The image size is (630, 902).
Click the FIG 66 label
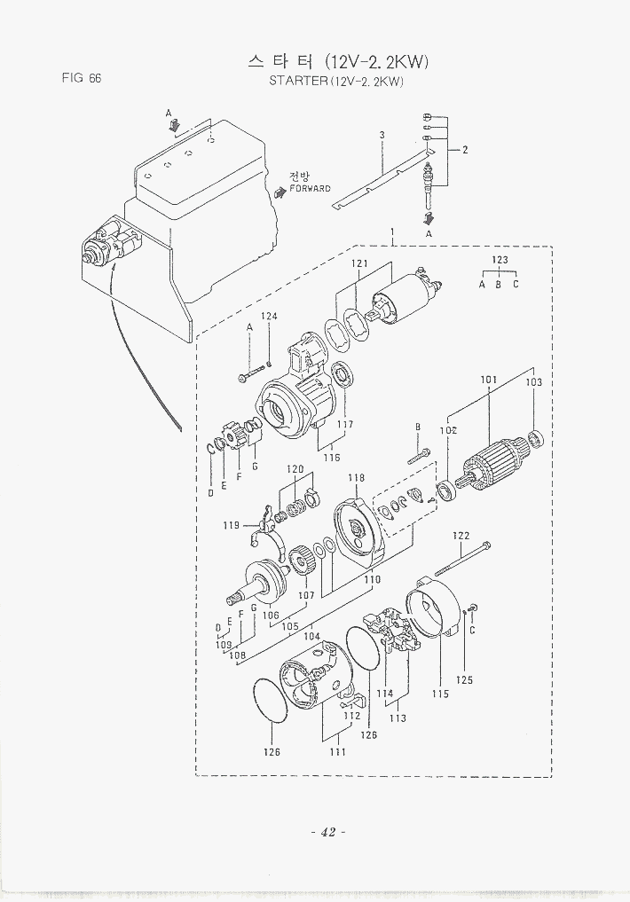[81, 78]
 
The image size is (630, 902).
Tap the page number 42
[328, 832]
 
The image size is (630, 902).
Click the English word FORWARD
[310, 189]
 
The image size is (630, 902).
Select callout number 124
[269, 316]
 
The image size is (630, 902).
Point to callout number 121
[359, 263]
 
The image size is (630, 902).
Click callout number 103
[533, 382]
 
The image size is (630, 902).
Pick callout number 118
[356, 477]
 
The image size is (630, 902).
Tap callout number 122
[461, 536]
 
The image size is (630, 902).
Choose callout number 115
[440, 694]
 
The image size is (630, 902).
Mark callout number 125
[464, 680]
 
